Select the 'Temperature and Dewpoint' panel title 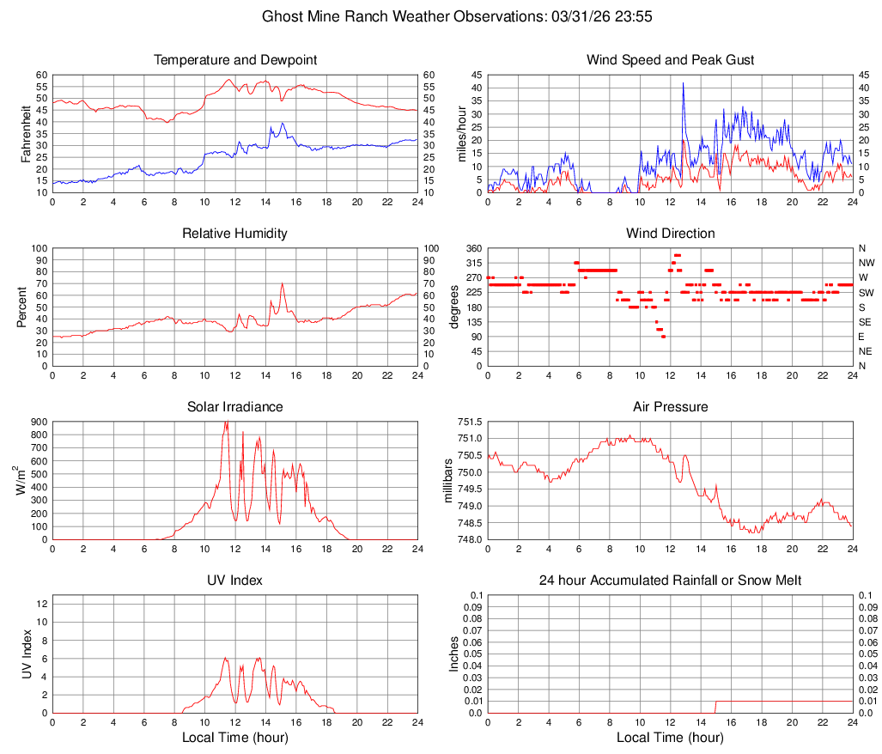pyautogui.click(x=235, y=60)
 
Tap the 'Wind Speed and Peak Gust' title pyautogui.click(x=671, y=60)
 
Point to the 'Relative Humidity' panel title pyautogui.click(x=235, y=234)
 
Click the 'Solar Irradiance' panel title pyautogui.click(x=235, y=407)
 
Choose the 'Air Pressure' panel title pyautogui.click(x=671, y=407)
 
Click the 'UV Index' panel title pyautogui.click(x=235, y=581)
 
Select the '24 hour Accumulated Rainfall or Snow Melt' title pyautogui.click(x=671, y=581)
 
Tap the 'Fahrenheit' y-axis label pyautogui.click(x=26, y=133)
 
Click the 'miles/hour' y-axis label pyautogui.click(x=461, y=133)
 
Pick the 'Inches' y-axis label pyautogui.click(x=455, y=654)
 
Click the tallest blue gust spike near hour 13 pyautogui.click(x=684, y=83)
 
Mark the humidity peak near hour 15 pyautogui.click(x=282, y=283)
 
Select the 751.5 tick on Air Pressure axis pyautogui.click(x=470, y=423)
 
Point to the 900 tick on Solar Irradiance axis pyautogui.click(x=39, y=423)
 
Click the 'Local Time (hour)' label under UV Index pyautogui.click(x=235, y=738)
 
